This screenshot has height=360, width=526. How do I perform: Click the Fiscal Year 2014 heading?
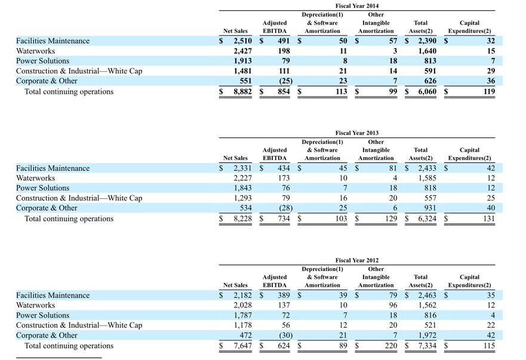pyautogui.click(x=357, y=6)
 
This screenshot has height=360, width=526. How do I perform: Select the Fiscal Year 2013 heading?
pyautogui.click(x=357, y=133)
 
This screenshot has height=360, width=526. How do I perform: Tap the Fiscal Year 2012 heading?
pyautogui.click(x=357, y=260)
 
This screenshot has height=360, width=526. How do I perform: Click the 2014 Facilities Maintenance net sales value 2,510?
pyautogui.click(x=242, y=41)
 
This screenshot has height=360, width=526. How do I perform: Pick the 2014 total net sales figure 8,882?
pyautogui.click(x=242, y=91)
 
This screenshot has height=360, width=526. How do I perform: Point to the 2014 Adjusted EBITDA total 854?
pyautogui.click(x=284, y=91)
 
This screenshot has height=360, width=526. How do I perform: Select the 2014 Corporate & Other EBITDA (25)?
pyautogui.click(x=286, y=81)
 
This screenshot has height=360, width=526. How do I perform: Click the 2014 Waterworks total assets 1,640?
pyautogui.click(x=427, y=51)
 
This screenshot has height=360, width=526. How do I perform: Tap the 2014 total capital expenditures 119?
pyautogui.click(x=489, y=91)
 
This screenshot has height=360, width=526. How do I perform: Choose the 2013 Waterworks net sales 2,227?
pyautogui.click(x=242, y=178)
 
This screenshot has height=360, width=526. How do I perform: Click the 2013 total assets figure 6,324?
pyautogui.click(x=427, y=219)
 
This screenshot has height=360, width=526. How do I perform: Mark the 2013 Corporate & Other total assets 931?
pyautogui.click(x=430, y=208)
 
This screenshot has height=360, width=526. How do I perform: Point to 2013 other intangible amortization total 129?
pyautogui.click(x=391, y=219)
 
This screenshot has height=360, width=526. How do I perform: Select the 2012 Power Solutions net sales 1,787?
pyautogui.click(x=242, y=315)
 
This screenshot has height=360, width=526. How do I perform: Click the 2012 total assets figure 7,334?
pyautogui.click(x=427, y=346)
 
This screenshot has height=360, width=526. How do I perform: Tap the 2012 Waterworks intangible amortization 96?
pyautogui.click(x=393, y=305)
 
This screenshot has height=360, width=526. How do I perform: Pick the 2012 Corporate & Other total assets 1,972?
pyautogui.click(x=427, y=336)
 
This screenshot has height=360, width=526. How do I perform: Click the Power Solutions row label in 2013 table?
pyautogui.click(x=42, y=188)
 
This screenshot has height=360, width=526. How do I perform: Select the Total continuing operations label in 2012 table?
pyautogui.click(x=69, y=346)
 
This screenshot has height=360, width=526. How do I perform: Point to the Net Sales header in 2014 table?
pyautogui.click(x=235, y=31)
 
